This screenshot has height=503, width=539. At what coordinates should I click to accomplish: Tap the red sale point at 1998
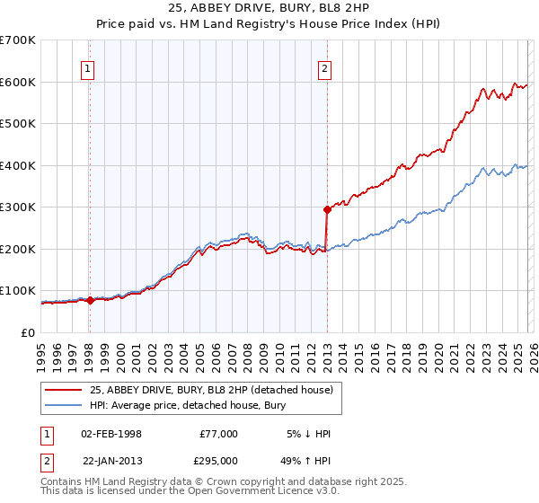pos(90,300)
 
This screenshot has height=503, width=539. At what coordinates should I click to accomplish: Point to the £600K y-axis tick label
pos(18,82)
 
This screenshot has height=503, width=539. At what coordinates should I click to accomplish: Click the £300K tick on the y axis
pos(18,207)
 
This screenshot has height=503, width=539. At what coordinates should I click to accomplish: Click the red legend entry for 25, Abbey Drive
pos(211,390)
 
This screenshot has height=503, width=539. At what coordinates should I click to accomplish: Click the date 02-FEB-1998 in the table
pos(110,434)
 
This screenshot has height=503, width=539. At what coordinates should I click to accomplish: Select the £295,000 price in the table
pos(219,462)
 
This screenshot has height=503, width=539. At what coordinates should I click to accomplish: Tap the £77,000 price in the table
pos(219,434)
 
